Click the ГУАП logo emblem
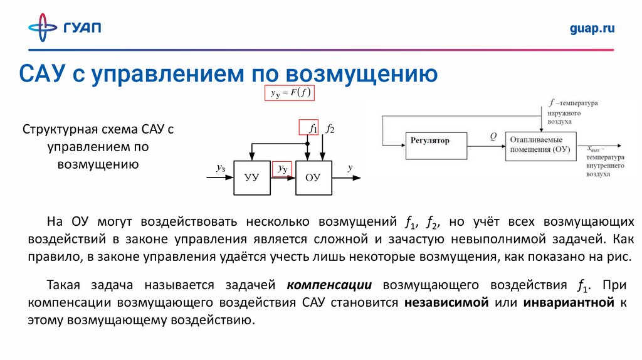point(42,28)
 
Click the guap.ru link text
point(592,28)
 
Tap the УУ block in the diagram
point(251,177)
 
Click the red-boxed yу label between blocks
point(282,169)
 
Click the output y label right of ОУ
point(350,167)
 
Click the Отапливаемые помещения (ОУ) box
point(539,144)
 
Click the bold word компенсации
point(330,285)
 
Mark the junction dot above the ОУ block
point(307,144)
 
